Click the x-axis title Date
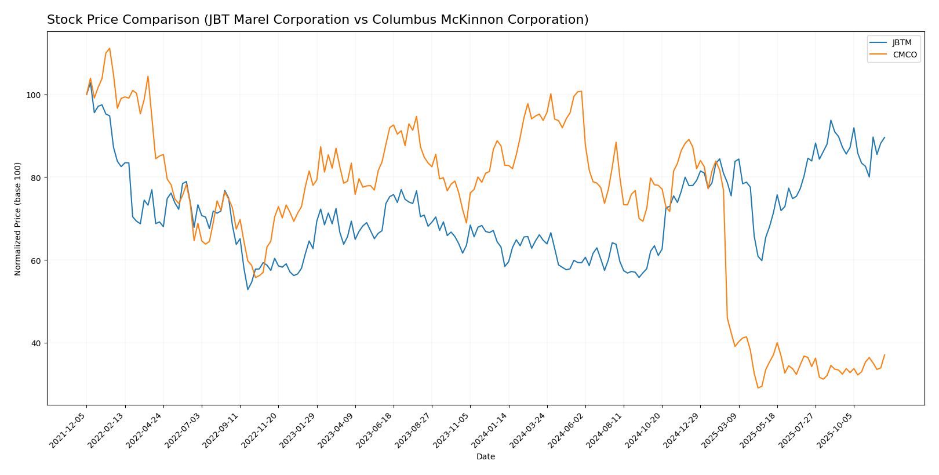(x=486, y=457)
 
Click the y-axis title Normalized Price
(x=18, y=219)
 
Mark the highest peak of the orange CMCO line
(x=110, y=48)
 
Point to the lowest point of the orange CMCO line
(x=758, y=388)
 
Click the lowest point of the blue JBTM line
(x=248, y=289)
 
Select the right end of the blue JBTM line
(x=885, y=137)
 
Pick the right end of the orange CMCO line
(x=885, y=354)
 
